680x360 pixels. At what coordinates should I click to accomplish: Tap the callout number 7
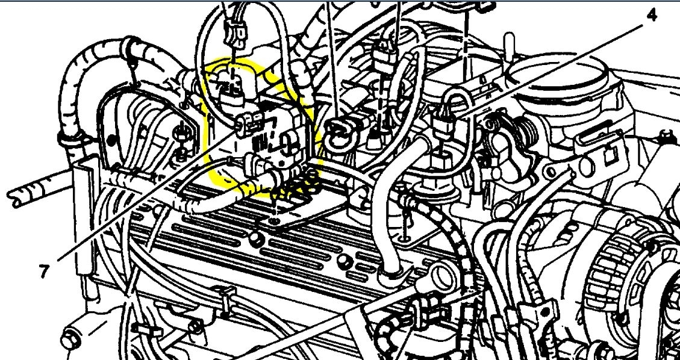pyautogui.click(x=43, y=272)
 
